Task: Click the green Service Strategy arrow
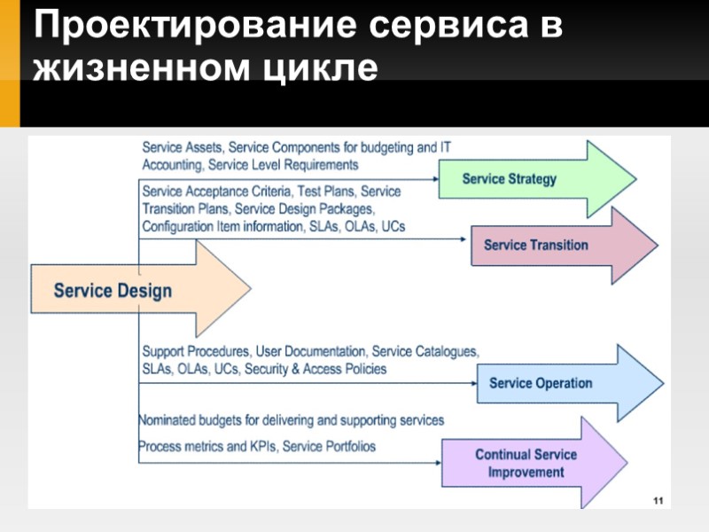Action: click(x=523, y=179)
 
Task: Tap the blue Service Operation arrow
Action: click(x=554, y=383)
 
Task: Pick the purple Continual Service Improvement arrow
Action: click(x=527, y=463)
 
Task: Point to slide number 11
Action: click(x=658, y=503)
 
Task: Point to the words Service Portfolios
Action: click(x=328, y=446)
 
